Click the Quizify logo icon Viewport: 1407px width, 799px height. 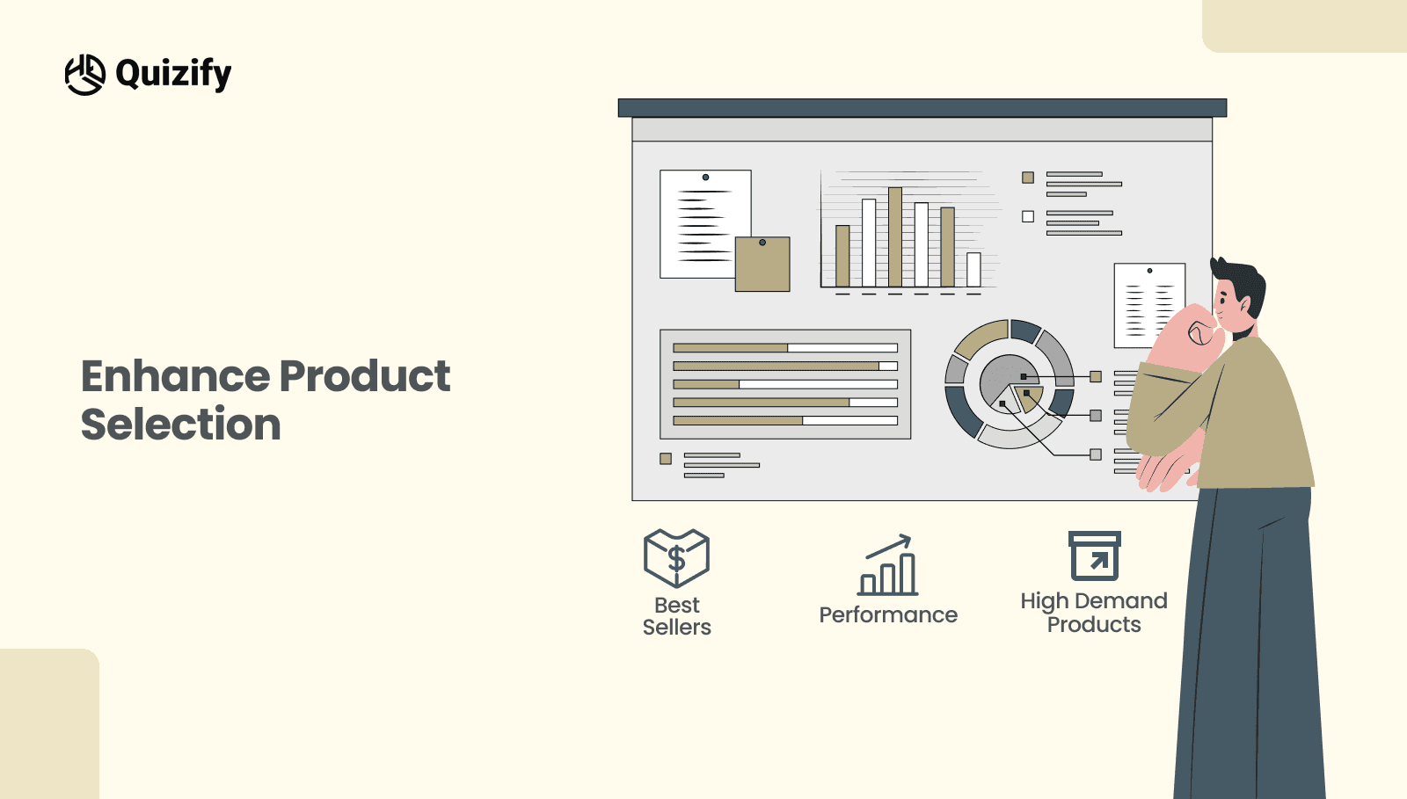85,75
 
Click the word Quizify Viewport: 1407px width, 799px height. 173,74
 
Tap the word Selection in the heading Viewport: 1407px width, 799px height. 181,425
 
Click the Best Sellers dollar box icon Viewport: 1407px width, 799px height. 676,558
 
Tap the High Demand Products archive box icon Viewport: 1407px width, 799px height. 1094,556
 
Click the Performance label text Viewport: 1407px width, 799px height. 888,615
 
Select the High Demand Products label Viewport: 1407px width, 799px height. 1094,613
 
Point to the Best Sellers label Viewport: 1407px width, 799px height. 676,616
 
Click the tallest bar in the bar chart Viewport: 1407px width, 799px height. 895,237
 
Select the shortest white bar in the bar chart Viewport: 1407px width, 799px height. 973,270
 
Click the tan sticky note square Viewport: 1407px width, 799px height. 762,265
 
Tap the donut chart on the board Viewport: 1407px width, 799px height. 1009,384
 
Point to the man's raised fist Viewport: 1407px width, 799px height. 1196,334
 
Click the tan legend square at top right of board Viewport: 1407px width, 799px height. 1028,178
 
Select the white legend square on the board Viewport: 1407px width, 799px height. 1028,216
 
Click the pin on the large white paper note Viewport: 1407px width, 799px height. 705,178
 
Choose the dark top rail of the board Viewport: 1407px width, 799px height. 922,108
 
